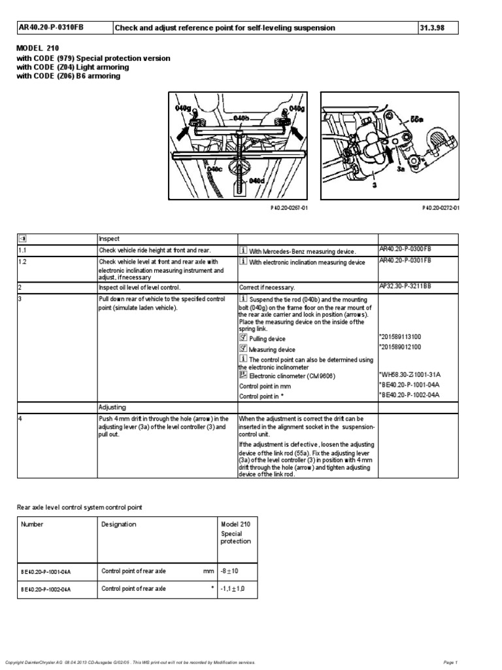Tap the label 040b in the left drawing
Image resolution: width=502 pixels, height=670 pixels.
[241, 118]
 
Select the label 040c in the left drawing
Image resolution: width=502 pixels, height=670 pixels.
[215, 169]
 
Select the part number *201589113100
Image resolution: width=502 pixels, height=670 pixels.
[400, 336]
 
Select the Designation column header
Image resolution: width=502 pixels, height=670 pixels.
[119, 524]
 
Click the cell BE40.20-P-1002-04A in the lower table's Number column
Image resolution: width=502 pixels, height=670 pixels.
[46, 590]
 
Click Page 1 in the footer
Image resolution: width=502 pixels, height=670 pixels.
[450, 662]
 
